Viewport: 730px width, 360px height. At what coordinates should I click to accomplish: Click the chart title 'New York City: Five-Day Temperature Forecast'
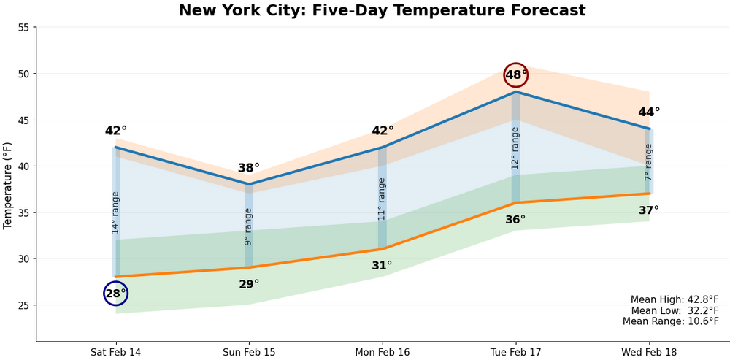(382, 11)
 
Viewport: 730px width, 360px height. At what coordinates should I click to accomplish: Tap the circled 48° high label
(516, 74)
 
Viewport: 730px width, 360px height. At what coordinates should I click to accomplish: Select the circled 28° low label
(115, 294)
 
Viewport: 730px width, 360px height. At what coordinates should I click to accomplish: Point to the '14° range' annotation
(115, 212)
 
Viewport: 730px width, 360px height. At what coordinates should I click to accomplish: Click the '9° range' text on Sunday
(248, 226)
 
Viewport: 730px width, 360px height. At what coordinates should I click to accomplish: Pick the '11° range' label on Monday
(382, 199)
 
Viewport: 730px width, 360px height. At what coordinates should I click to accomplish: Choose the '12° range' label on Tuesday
(515, 148)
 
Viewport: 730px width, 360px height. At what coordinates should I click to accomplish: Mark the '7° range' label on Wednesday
(648, 162)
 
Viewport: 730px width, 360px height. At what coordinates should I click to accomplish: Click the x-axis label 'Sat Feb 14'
(115, 352)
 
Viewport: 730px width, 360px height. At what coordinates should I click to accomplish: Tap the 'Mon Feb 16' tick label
(382, 352)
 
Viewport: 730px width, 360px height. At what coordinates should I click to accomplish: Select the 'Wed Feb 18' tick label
(648, 352)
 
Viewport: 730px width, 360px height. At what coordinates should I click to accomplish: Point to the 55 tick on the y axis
(23, 28)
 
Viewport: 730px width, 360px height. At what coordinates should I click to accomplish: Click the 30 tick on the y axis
(23, 258)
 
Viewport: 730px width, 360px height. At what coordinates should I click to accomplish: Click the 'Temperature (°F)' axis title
(8, 185)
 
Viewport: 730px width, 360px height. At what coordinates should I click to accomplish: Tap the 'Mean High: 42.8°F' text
(675, 299)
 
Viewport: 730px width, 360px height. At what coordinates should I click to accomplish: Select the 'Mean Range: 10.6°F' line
(670, 321)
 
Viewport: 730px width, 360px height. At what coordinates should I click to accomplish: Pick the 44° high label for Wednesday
(649, 112)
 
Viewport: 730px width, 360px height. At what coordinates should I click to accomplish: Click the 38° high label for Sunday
(249, 168)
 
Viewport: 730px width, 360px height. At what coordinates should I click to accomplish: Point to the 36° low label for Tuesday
(515, 220)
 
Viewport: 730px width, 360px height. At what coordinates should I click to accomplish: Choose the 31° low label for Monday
(382, 266)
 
